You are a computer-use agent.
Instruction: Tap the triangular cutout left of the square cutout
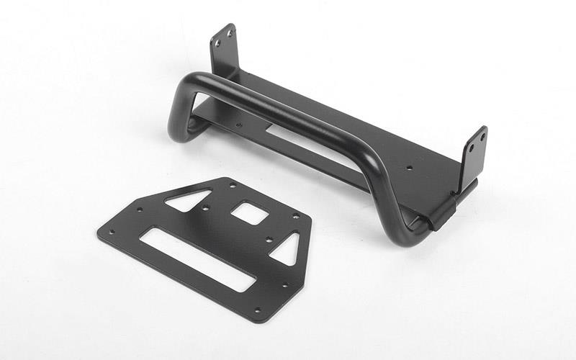click(x=189, y=199)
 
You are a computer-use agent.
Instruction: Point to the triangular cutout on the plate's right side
click(x=286, y=248)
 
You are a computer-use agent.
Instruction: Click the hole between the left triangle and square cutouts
click(x=207, y=210)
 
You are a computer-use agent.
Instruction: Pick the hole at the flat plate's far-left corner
click(x=112, y=231)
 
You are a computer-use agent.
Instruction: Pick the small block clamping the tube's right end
click(x=441, y=213)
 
